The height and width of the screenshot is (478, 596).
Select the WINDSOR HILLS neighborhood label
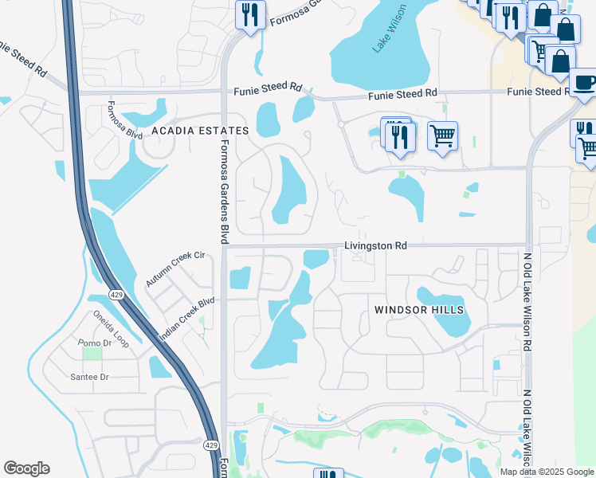click(x=419, y=309)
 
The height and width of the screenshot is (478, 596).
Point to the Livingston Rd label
click(x=375, y=246)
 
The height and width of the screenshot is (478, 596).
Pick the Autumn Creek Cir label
click(x=175, y=269)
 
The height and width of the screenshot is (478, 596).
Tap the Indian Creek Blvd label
click(x=186, y=319)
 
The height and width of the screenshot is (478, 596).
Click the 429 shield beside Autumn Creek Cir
click(x=116, y=296)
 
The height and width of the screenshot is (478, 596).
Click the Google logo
click(x=26, y=468)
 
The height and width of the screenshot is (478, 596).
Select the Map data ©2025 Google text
click(x=547, y=472)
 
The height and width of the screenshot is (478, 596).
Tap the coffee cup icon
click(x=583, y=83)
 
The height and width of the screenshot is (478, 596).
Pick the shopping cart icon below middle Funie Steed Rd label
click(x=442, y=135)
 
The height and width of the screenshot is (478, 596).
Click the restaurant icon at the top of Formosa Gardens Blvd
click(x=250, y=14)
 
